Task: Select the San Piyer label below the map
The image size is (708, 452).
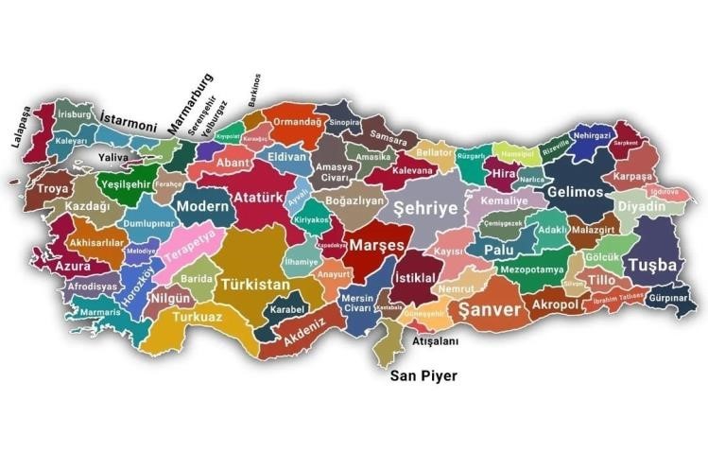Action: (424, 376)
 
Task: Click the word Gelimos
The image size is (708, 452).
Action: (575, 193)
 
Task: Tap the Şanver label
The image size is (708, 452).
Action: (489, 310)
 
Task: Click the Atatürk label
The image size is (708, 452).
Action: (258, 199)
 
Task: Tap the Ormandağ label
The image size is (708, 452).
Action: (296, 121)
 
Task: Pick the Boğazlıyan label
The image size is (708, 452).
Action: (354, 201)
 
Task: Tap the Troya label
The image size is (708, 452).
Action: (52, 189)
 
